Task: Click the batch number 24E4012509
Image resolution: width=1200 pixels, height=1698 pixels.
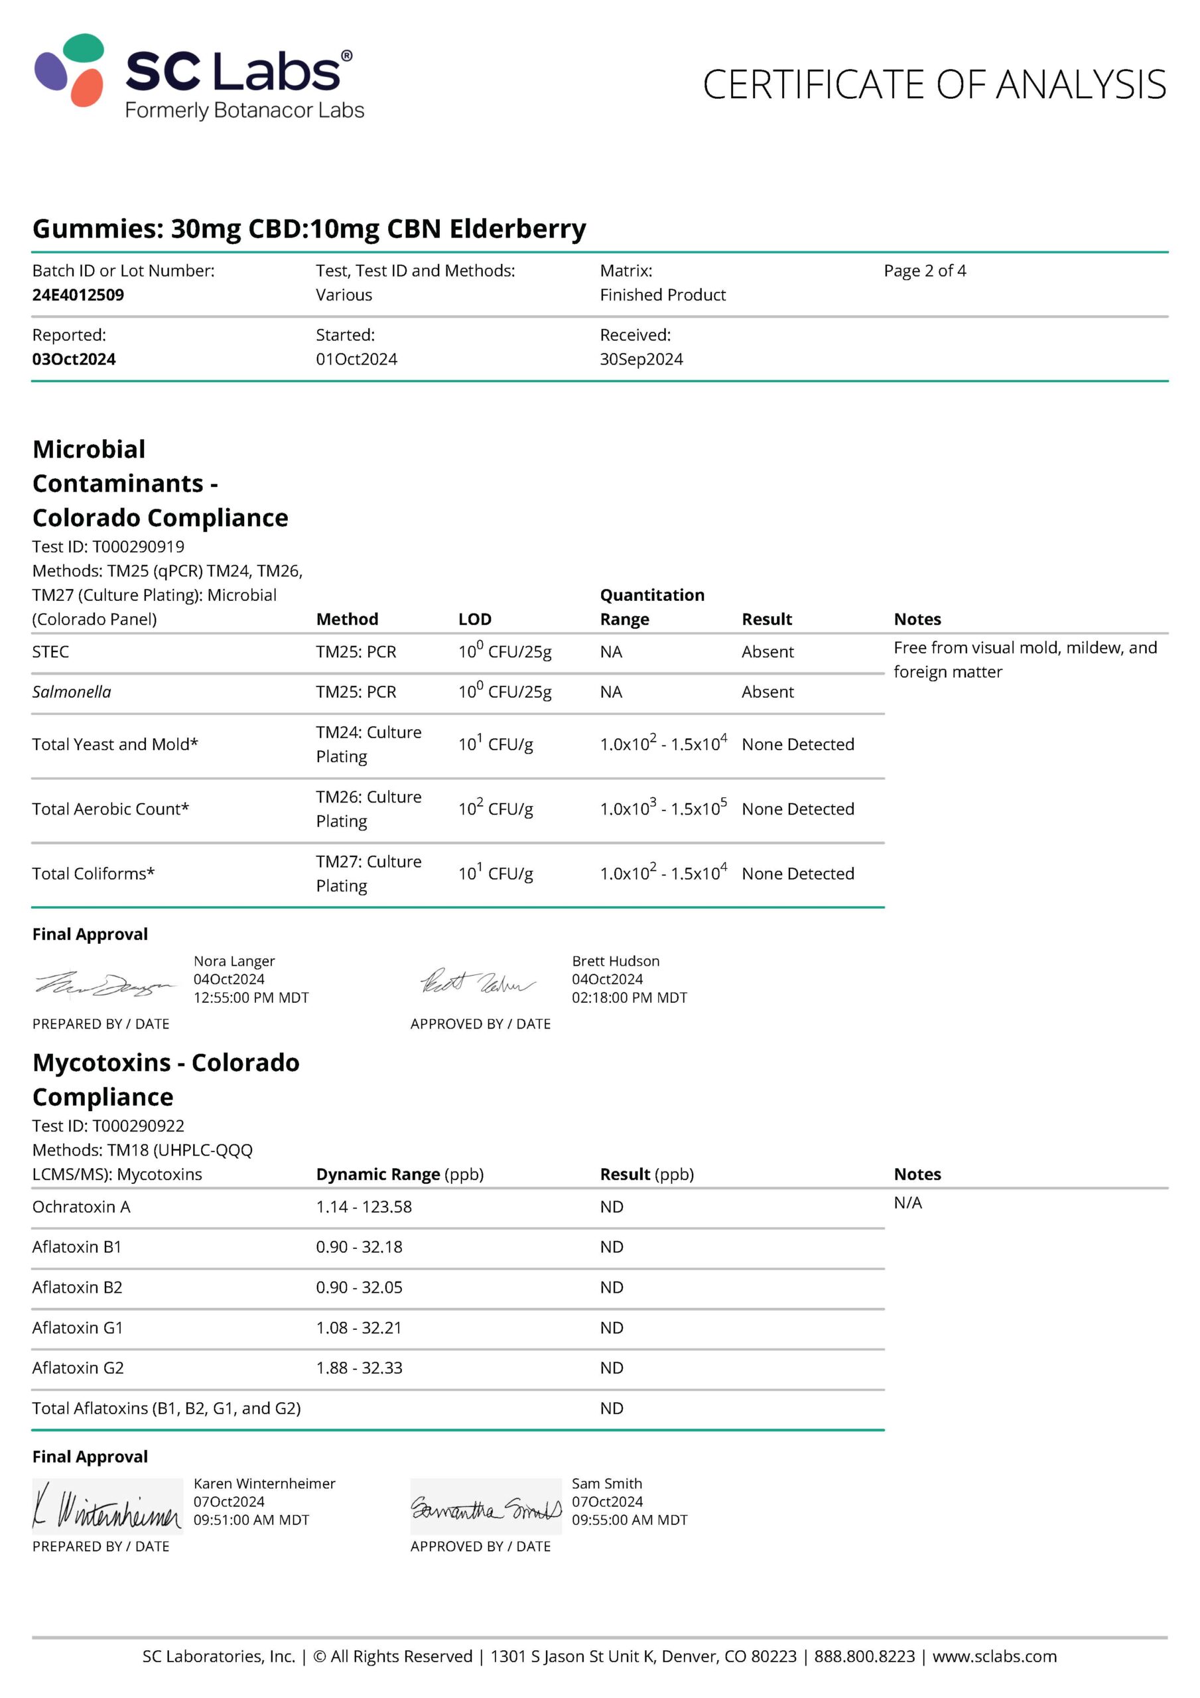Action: (x=78, y=294)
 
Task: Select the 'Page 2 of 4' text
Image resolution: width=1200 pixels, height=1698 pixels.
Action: (x=924, y=271)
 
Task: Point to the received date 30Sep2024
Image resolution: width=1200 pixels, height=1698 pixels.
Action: (x=641, y=359)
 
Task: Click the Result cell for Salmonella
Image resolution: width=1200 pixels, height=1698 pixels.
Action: (x=767, y=692)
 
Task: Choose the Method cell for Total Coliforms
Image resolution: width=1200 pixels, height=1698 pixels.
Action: (x=367, y=873)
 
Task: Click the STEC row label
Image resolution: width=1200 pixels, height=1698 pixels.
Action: (x=50, y=651)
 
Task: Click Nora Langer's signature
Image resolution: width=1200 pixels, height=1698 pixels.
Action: (x=105, y=984)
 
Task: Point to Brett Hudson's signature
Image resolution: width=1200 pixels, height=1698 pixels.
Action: (x=477, y=982)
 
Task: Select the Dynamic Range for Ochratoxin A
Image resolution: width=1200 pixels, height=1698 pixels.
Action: (x=364, y=1207)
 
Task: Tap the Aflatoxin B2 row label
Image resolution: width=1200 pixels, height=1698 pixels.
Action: (x=77, y=1287)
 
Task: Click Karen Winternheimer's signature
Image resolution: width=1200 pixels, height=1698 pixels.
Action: (x=107, y=1506)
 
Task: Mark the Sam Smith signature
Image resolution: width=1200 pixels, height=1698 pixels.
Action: (x=486, y=1506)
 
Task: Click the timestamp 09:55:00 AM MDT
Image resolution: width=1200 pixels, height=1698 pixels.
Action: (x=629, y=1520)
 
